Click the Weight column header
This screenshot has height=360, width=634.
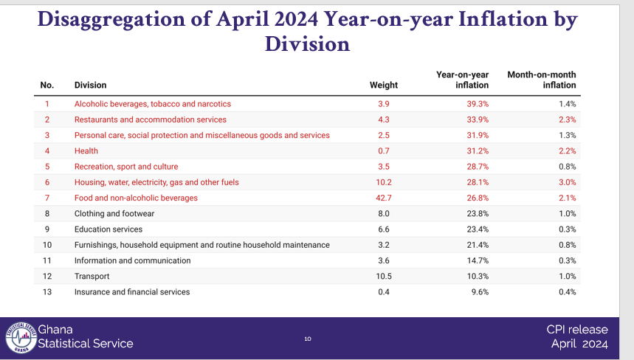tap(383, 86)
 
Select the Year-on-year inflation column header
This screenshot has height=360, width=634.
tap(462, 80)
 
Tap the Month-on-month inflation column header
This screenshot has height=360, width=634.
tap(542, 80)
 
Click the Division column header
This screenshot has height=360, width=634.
tap(91, 86)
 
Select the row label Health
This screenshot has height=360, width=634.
tap(86, 150)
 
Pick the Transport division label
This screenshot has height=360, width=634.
tap(92, 276)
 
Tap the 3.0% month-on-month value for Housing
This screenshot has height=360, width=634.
tap(567, 182)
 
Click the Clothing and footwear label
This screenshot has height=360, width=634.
tap(114, 213)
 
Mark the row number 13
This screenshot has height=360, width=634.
tap(46, 291)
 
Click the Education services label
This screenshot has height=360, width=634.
tap(108, 229)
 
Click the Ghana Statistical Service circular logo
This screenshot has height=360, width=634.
tap(20, 337)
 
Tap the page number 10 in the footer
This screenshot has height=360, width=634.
tap(308, 339)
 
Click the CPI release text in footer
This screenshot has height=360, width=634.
tap(577, 330)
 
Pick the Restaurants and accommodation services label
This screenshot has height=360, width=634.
tap(151, 120)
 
